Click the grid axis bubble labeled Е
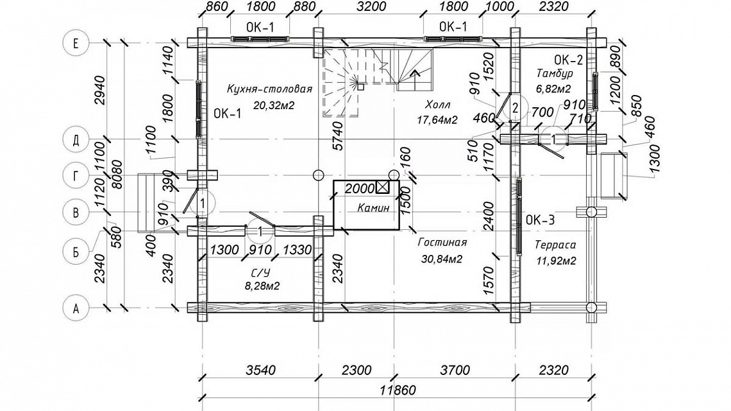76,43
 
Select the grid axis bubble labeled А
76,308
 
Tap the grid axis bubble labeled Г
76,175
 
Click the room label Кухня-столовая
269,89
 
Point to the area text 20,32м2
274,105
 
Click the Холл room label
437,103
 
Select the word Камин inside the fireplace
373,208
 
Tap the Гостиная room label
442,242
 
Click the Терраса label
555,245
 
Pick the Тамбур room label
555,73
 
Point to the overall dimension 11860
397,390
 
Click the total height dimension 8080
117,174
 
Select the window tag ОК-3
541,220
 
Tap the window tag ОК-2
569,60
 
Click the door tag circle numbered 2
515,109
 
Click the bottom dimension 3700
455,371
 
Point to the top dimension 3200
371,6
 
